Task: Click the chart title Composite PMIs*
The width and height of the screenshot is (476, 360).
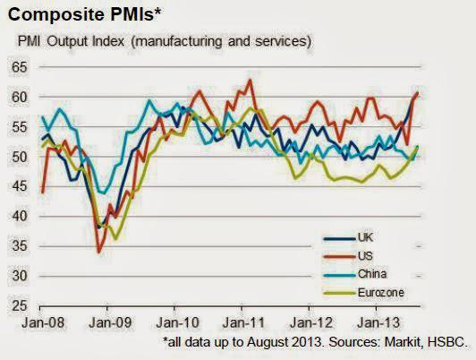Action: coord(75,14)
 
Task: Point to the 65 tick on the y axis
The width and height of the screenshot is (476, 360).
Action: coord(19,67)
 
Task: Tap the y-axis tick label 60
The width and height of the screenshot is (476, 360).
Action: coord(19,97)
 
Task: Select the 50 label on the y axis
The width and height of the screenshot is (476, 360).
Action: coord(19,157)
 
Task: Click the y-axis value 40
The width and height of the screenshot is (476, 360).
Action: coord(19,216)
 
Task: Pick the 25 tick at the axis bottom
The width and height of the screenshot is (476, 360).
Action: coord(19,305)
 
